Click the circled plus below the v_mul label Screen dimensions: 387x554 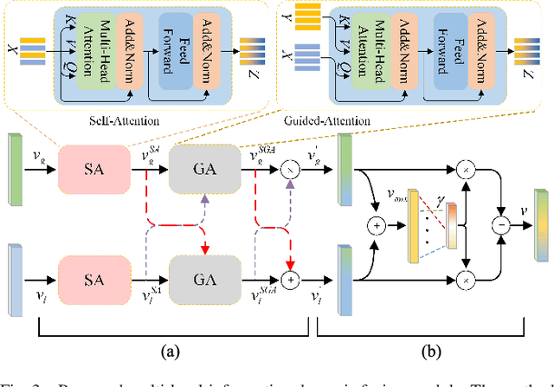coord(378,228)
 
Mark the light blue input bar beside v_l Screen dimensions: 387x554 coord(13,276)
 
